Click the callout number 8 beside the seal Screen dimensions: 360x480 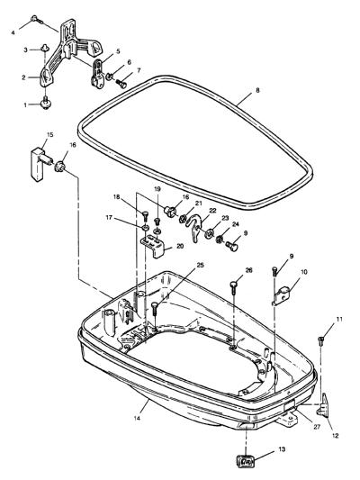coord(257,90)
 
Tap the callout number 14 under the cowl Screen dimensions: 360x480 coord(137,418)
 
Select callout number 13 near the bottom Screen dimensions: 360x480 coord(282,449)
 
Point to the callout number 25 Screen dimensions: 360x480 coord(200,265)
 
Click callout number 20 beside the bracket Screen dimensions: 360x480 coord(180,246)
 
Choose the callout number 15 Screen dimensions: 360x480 coord(49,134)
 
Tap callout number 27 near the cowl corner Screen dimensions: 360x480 coord(316,427)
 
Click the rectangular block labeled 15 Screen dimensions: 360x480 coord(40,162)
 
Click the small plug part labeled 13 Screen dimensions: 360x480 coord(245,461)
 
